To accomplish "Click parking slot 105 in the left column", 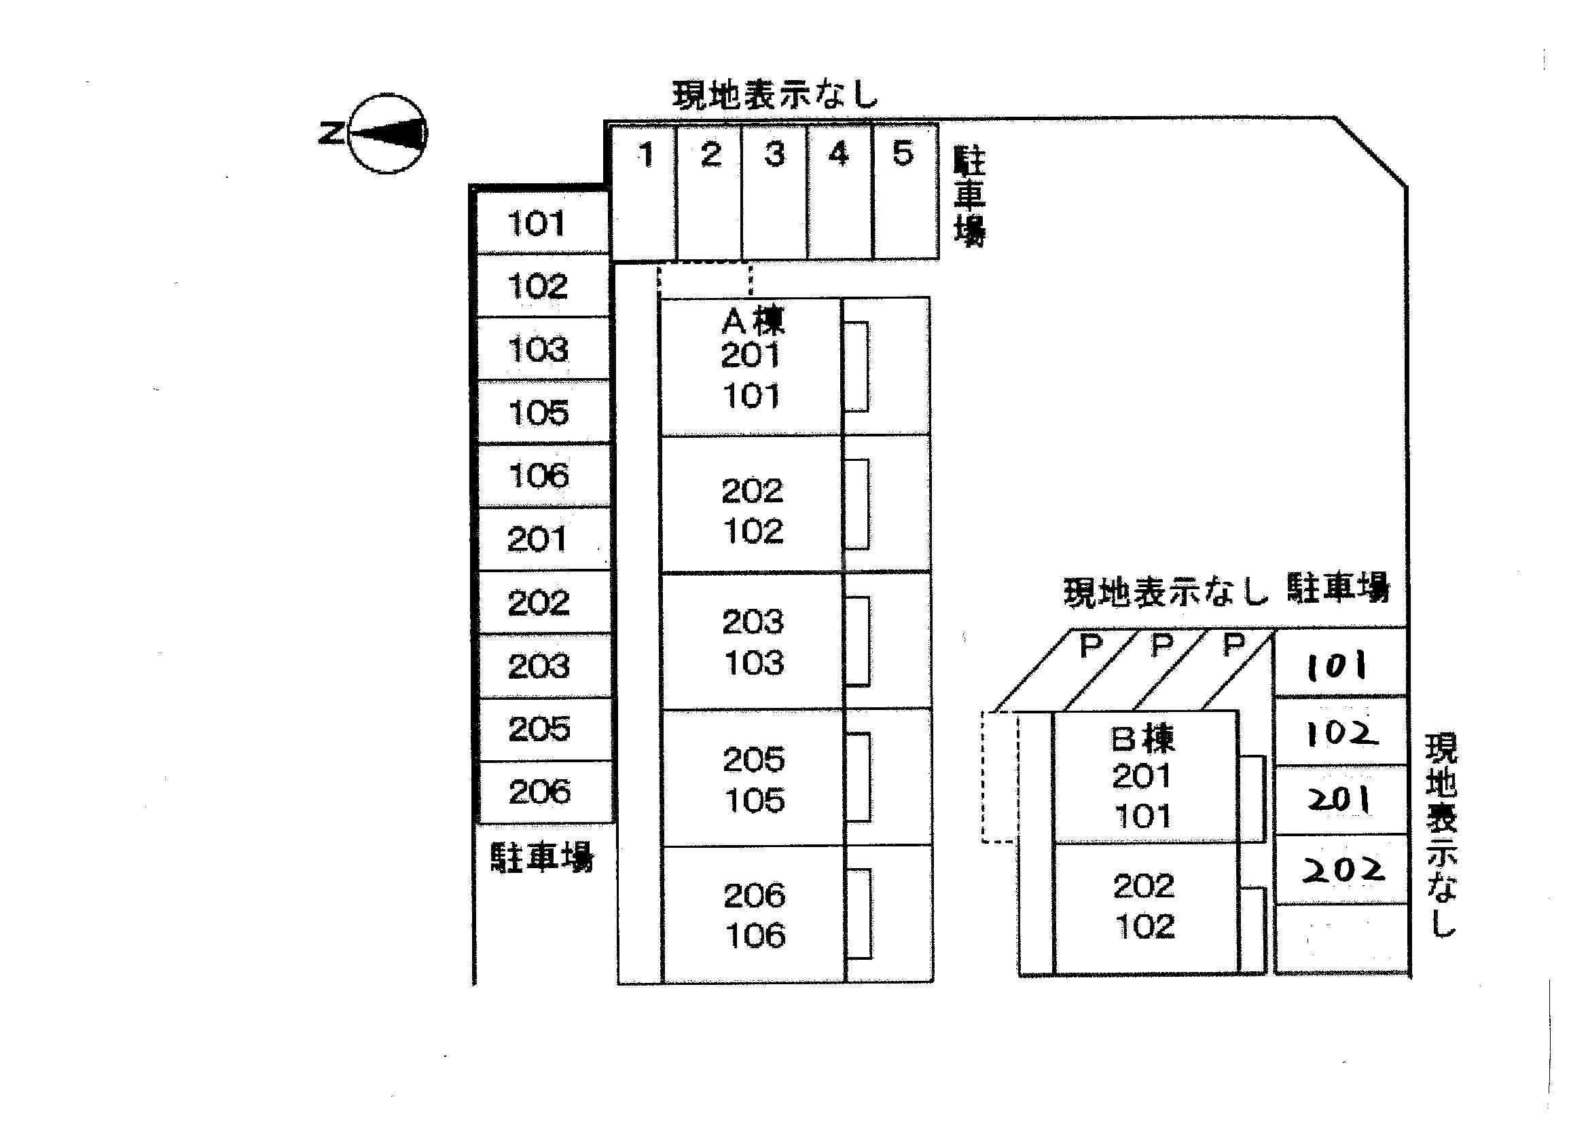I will click(x=543, y=413).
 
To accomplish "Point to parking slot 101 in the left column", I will click(x=542, y=223).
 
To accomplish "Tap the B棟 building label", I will click(x=1142, y=738).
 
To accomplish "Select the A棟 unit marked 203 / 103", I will click(x=753, y=641).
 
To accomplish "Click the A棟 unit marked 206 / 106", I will click(x=754, y=914).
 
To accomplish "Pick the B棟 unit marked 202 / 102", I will click(x=1144, y=906).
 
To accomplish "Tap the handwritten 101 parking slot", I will click(x=1339, y=665).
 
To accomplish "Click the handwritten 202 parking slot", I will click(x=1341, y=869).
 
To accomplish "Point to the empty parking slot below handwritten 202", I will click(x=1341, y=938).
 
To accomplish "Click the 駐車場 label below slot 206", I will click(x=541, y=857).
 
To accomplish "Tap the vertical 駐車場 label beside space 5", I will click(x=969, y=196).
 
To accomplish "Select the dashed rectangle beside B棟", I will click(x=1000, y=777).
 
